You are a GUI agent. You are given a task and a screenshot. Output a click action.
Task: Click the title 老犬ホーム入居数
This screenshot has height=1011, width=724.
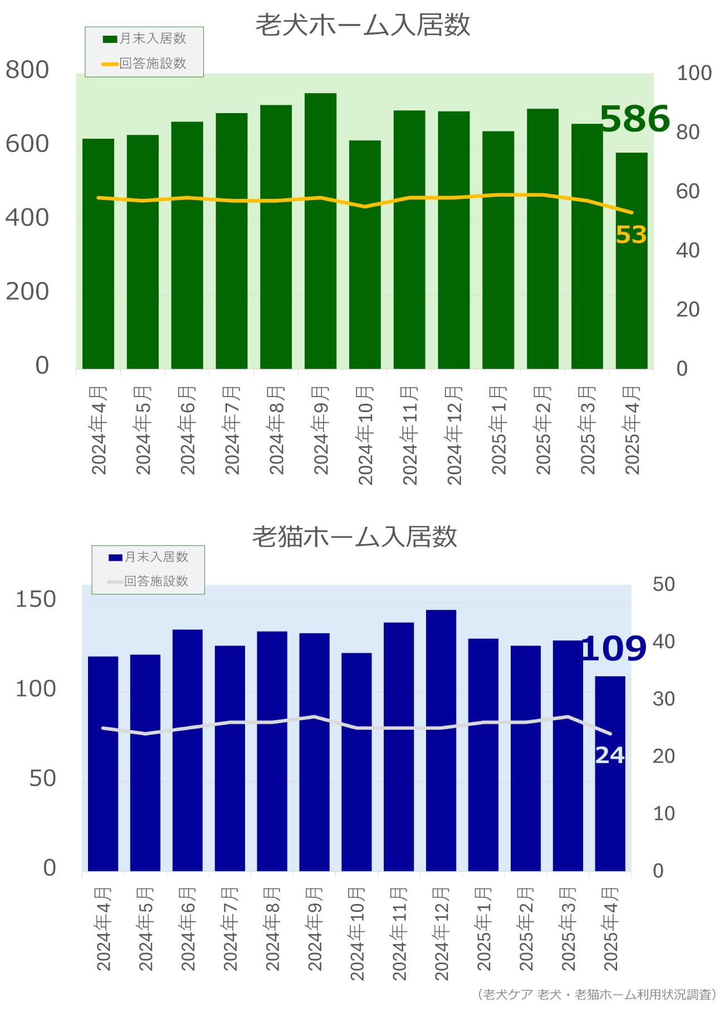click(363, 26)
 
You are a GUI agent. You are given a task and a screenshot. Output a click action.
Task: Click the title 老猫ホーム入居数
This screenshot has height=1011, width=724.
click(355, 536)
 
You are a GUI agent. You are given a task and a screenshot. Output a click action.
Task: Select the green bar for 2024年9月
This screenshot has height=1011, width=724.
click(320, 231)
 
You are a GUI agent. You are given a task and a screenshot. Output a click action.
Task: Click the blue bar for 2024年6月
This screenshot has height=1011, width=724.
click(187, 750)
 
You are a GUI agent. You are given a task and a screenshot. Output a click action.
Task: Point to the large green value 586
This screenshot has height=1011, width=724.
click(634, 119)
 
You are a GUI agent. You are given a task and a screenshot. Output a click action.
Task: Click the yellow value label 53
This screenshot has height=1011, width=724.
click(630, 235)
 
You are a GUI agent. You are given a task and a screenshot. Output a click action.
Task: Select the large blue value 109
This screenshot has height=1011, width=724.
click(613, 648)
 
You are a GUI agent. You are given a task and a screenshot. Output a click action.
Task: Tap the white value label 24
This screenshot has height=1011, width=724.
click(610, 755)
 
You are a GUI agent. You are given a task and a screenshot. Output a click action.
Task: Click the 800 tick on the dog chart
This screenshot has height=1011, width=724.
click(27, 70)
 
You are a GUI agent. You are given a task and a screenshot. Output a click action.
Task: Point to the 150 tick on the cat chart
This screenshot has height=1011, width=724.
click(36, 599)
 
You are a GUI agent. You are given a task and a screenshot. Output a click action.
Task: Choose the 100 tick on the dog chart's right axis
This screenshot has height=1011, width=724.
click(693, 73)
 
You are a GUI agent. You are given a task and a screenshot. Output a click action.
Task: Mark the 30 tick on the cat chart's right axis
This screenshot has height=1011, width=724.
click(663, 699)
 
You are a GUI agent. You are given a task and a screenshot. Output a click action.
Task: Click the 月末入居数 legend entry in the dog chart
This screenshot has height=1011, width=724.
click(145, 38)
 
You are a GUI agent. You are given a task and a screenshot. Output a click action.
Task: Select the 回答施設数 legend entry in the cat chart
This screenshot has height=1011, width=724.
click(148, 581)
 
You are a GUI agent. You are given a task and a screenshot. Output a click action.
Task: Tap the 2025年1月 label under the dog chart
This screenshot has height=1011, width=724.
click(498, 430)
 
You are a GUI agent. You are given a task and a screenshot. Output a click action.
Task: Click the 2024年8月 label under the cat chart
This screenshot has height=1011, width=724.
click(272, 929)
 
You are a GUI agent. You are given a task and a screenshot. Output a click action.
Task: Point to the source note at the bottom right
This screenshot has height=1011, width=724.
click(596, 994)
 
